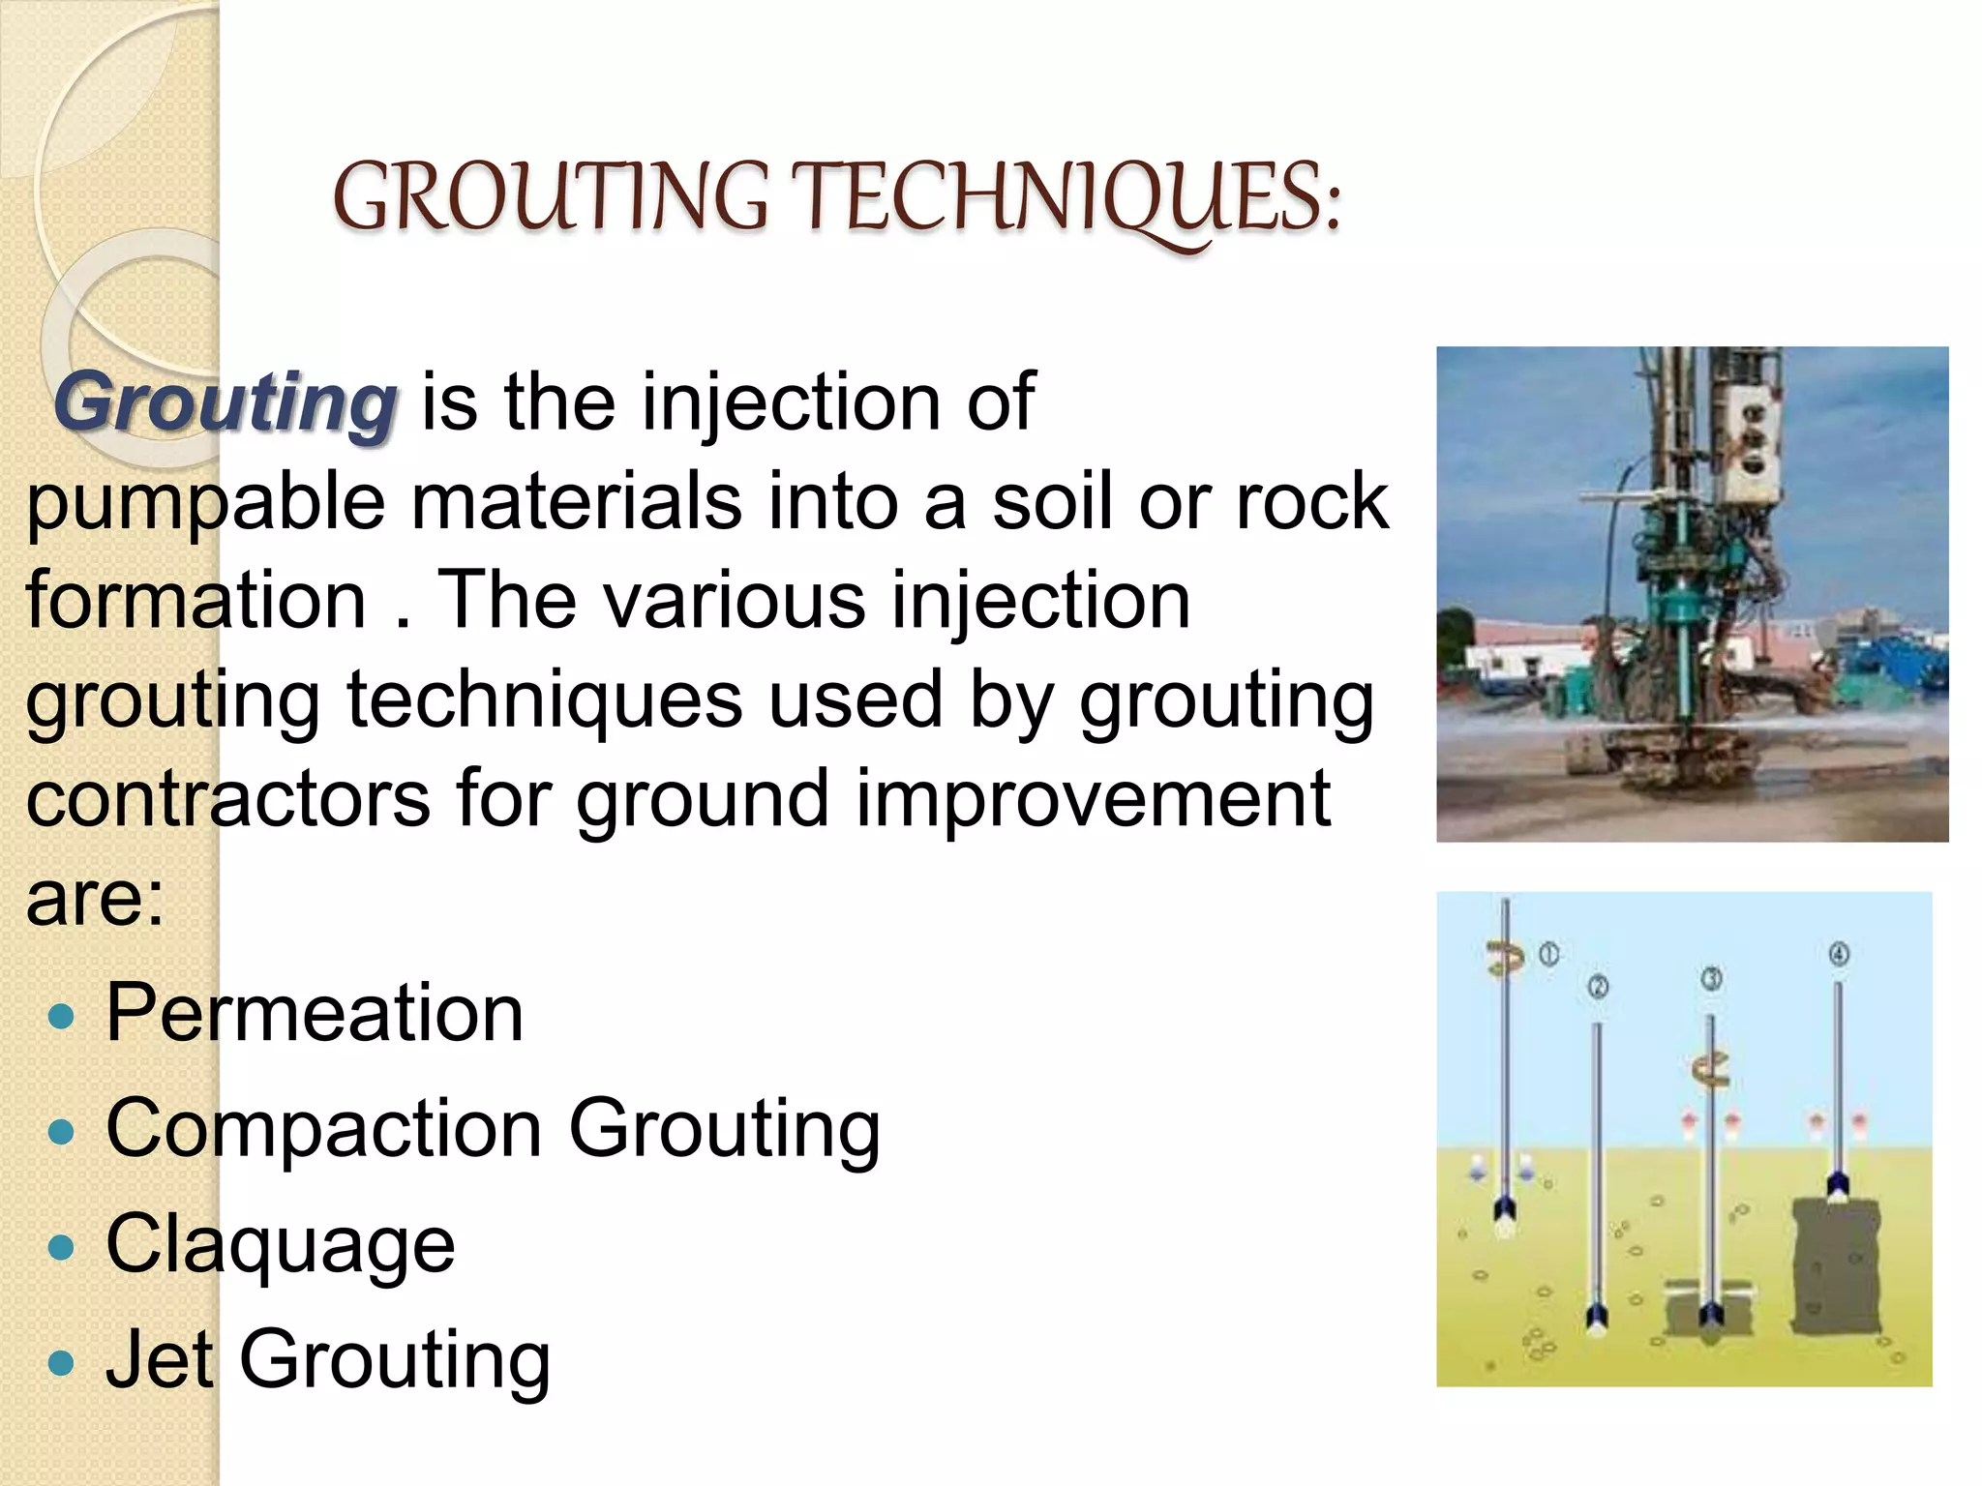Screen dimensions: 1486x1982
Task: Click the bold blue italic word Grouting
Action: click(x=225, y=402)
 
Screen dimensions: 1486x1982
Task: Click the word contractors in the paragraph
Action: click(x=228, y=799)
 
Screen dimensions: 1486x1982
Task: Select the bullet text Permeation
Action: click(x=315, y=1013)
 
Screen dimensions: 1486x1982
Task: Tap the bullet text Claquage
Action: click(x=281, y=1244)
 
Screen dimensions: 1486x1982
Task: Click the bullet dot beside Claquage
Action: click(x=61, y=1247)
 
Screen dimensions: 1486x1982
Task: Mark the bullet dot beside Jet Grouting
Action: click(x=61, y=1363)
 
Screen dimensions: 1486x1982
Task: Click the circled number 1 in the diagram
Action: click(x=1549, y=954)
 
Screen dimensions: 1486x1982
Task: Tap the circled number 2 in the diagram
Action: click(x=1598, y=987)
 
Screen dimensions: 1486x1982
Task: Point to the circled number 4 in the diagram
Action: click(x=1839, y=954)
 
